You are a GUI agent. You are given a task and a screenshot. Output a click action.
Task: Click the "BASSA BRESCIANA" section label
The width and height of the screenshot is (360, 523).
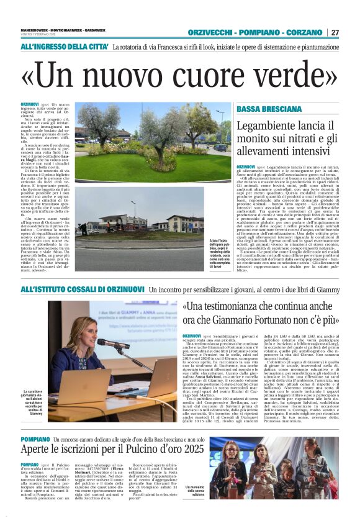pyautogui.click(x=269, y=109)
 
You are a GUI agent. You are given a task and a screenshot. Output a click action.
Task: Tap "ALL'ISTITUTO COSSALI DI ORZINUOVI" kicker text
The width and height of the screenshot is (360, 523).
pyautogui.click(x=83, y=289)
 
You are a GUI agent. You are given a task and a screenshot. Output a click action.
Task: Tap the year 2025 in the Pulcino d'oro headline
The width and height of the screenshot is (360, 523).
pyautogui.click(x=188, y=448)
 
